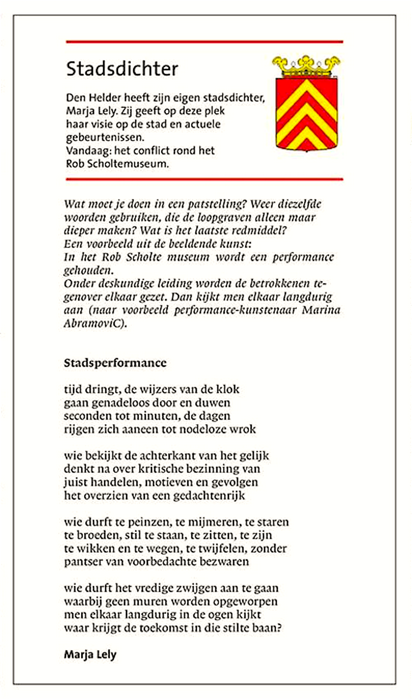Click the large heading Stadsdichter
pyautogui.click(x=122, y=69)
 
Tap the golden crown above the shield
pyautogui.click(x=306, y=66)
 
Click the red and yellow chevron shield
pyautogui.click(x=307, y=114)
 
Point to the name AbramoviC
pyautogui.click(x=95, y=323)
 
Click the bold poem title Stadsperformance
pyautogui.click(x=115, y=363)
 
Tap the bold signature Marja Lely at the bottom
pyautogui.click(x=90, y=654)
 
